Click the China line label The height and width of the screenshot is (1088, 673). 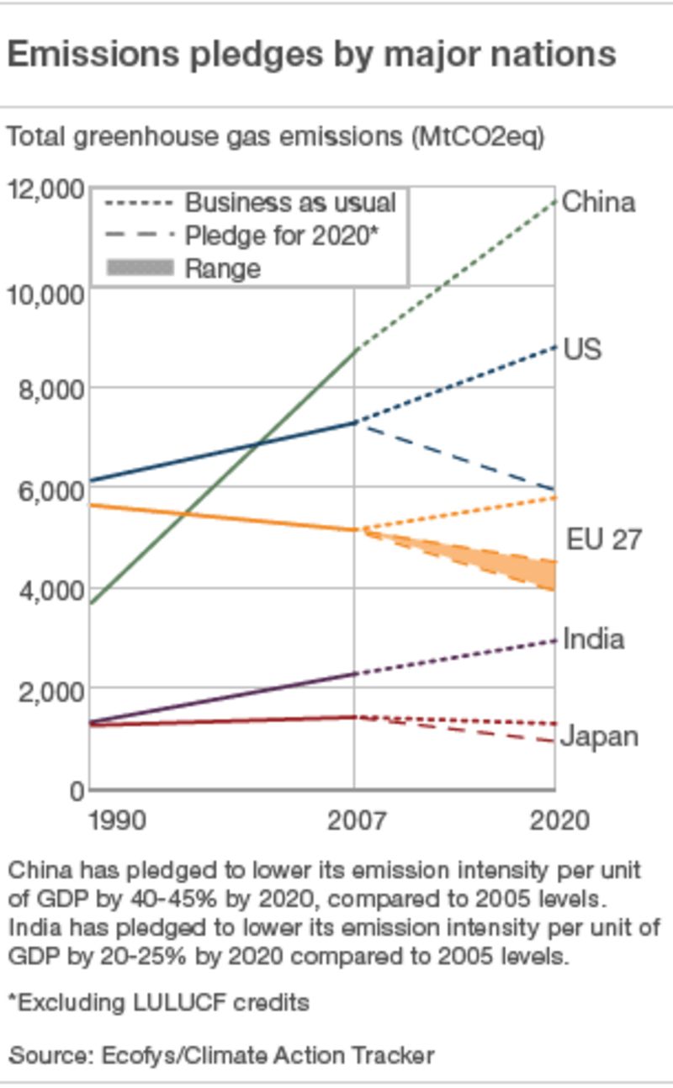coord(598,202)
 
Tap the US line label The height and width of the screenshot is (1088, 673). coord(582,348)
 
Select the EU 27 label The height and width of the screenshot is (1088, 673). coord(604,539)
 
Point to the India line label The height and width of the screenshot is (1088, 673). coord(593,639)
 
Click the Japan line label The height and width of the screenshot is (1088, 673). coord(599,737)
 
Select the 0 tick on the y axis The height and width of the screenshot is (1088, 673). coord(77,790)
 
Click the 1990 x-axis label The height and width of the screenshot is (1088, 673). coord(117,820)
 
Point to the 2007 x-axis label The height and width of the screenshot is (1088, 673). coord(354,820)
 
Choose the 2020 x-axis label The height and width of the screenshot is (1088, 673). coord(559,820)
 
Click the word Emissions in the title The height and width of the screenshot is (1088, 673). coord(93,56)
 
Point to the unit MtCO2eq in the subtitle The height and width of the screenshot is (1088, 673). coord(478,136)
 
